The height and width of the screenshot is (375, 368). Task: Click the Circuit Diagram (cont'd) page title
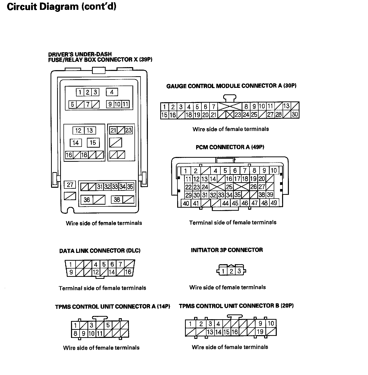pos(61,7)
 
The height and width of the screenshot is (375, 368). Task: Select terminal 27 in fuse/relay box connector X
pos(70,185)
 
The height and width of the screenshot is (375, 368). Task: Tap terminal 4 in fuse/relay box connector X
pos(112,92)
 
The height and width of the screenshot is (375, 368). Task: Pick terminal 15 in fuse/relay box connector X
pos(93,143)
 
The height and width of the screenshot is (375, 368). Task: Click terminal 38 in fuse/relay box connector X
pos(117,200)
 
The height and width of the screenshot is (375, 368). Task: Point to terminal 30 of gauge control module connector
pos(295,115)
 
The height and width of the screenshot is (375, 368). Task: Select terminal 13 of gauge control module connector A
pos(286,106)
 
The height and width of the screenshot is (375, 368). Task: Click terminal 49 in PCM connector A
pos(274,203)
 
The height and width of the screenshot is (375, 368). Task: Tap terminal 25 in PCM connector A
pos(229,187)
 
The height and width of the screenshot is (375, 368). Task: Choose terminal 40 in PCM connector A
pos(186,203)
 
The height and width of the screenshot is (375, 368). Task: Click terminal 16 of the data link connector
pos(128,272)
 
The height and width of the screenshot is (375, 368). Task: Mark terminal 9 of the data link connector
pos(71,272)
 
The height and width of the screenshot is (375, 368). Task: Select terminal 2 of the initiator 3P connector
pos(231,272)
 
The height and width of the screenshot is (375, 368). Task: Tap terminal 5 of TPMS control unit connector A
pos(108,325)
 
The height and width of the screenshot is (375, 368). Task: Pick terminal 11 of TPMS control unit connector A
pos(100,334)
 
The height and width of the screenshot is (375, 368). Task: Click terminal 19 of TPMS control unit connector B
pos(260,332)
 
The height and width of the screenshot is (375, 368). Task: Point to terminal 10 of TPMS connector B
pos(271,324)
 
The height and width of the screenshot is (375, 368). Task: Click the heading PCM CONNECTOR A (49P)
pos(230,147)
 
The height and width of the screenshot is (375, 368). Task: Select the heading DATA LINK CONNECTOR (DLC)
pos(100,251)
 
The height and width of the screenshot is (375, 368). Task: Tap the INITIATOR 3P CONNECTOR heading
pos(227,250)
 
